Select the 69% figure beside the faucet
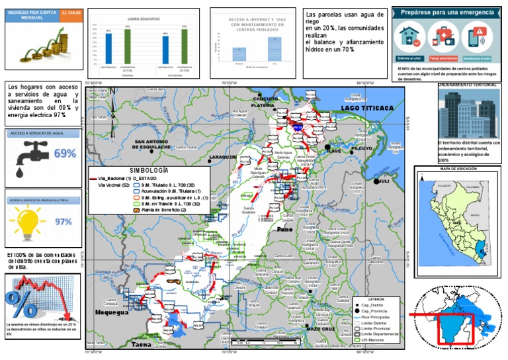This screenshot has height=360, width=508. pyautogui.click(x=64, y=154)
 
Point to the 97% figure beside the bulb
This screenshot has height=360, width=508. pyautogui.click(x=63, y=221)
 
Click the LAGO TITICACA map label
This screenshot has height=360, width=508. pyautogui.click(x=367, y=107)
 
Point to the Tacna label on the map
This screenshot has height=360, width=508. pyautogui.click(x=141, y=345)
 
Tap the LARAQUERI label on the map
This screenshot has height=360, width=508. pyautogui.click(x=222, y=157)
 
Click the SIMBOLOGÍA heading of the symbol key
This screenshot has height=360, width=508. pyautogui.click(x=149, y=170)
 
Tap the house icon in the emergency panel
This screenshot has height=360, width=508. pyautogui.click(x=409, y=36)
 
